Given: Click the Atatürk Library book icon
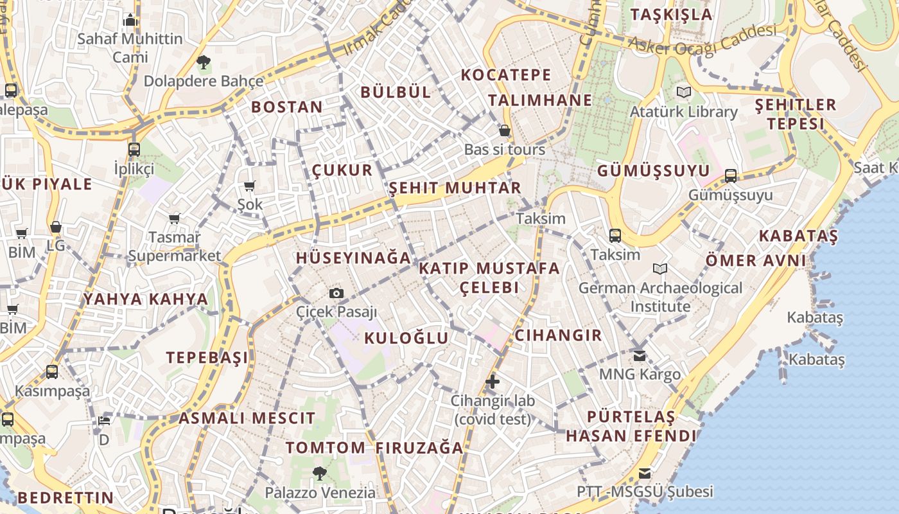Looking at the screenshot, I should (x=684, y=93).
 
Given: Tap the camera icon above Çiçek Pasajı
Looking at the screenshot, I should (x=336, y=294).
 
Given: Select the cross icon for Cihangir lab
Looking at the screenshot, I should (x=493, y=382).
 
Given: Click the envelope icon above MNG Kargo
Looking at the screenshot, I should (x=639, y=355).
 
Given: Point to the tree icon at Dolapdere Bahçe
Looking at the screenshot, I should (x=204, y=62).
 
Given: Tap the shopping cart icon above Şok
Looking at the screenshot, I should (x=250, y=186).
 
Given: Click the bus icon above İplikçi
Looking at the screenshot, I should (x=134, y=150).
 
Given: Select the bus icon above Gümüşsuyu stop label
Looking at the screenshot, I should (x=730, y=175).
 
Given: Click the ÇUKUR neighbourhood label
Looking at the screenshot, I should (x=342, y=170).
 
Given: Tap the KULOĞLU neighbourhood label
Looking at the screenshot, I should (x=406, y=338).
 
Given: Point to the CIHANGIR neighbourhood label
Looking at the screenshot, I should (x=558, y=335).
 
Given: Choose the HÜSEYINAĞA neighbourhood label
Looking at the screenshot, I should (x=353, y=258).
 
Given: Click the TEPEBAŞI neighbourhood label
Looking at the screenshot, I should (x=207, y=358).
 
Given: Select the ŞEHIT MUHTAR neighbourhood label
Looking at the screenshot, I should (x=455, y=188).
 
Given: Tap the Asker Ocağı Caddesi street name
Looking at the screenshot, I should (x=703, y=39).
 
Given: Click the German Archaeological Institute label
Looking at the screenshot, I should (x=660, y=297).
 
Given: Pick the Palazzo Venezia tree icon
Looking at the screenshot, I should (x=319, y=474).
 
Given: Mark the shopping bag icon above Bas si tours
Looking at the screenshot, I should (x=505, y=130).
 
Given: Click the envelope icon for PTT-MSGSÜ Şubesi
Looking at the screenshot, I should (x=644, y=474).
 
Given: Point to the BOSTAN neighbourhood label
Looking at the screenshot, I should (x=287, y=107).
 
